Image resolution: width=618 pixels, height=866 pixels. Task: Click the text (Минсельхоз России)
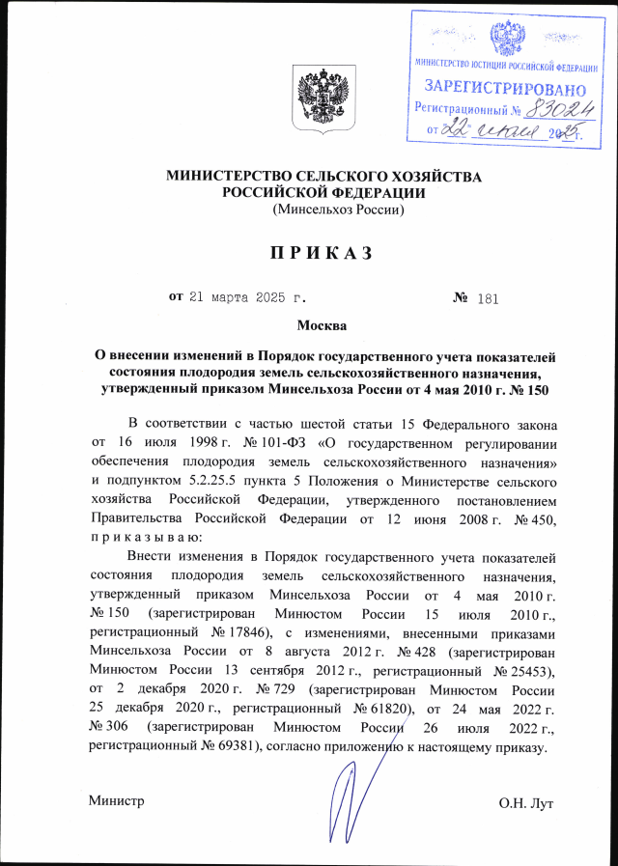pyautogui.click(x=338, y=209)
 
